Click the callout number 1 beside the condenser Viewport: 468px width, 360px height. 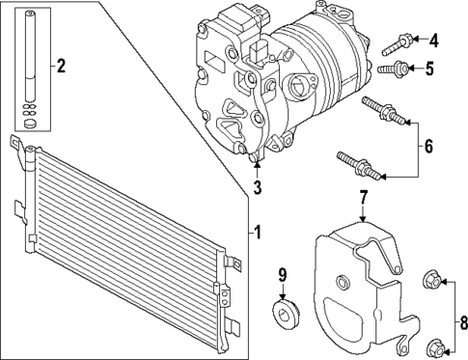point(257,231)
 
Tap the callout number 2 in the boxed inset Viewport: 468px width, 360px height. point(60,66)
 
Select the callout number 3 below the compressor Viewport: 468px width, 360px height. point(258,186)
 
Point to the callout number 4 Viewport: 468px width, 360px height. point(433,41)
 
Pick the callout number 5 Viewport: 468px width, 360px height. point(433,68)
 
